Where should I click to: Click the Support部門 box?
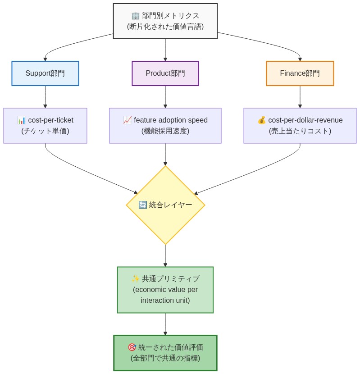pos(45,73)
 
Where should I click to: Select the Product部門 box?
pos(165,73)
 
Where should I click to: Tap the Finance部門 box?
pos(300,73)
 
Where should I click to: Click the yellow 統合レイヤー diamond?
pos(165,205)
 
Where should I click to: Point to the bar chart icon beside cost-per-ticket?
pos(21,120)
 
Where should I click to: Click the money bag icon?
pos(261,120)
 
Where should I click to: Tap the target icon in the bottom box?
pos(132,347)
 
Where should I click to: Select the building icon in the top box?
pos(135,16)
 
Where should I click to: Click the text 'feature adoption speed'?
pos(171,120)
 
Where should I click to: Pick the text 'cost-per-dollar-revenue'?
pos(305,120)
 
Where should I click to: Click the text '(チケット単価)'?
pos(45,131)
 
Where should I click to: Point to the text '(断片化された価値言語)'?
pos(165,27)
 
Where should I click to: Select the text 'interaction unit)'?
pos(165,301)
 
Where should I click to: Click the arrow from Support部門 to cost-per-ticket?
pos(45,97)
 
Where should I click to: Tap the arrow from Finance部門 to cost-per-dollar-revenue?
pos(300,97)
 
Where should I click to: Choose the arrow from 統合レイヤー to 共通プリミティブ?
pos(165,255)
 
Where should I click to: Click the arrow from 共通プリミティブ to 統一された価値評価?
pos(165,324)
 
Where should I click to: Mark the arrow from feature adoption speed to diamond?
pos(165,155)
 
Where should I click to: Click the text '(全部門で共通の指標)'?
pos(165,358)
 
